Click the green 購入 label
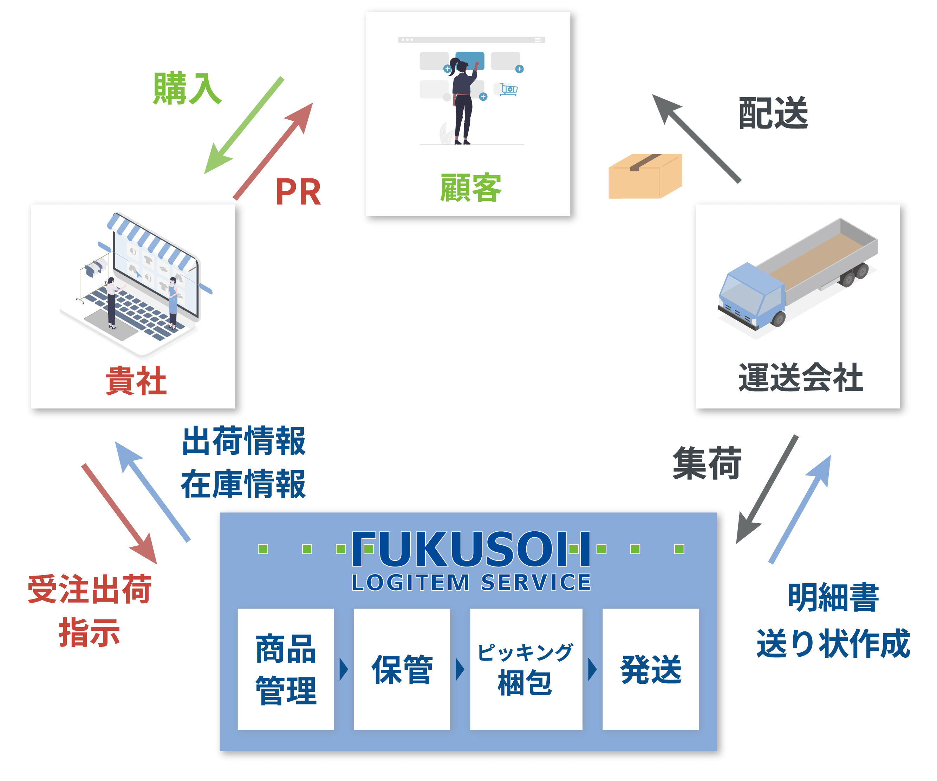point(187,89)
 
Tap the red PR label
point(298,192)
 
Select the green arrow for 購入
point(243,125)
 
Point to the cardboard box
point(645,176)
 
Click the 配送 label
point(773,113)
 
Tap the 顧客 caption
point(471,188)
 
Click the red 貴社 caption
point(136,381)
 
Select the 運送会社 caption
point(801,378)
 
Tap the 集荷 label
point(707,464)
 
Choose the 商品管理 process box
point(286,669)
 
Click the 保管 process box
point(402,669)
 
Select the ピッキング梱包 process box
point(526,669)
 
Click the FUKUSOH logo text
point(471,549)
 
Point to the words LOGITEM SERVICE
point(471,583)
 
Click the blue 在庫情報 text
point(243,484)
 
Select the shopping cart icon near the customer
point(509,89)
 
